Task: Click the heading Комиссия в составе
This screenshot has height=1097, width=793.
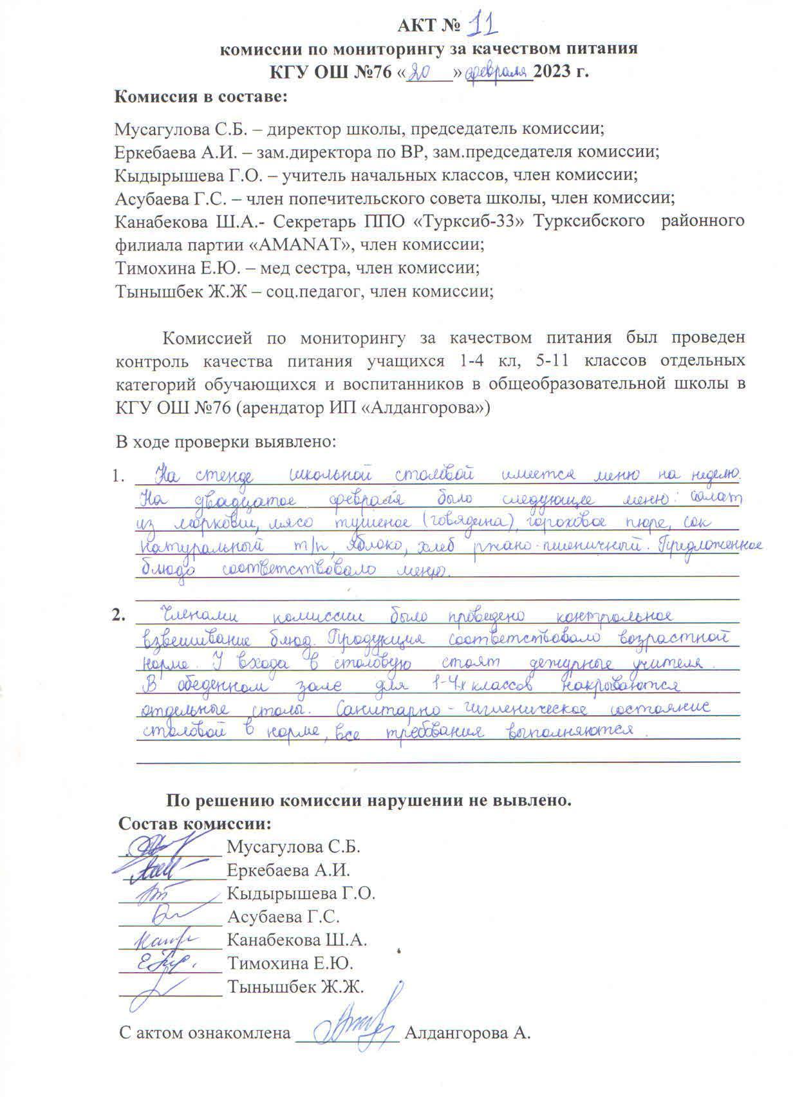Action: (200, 97)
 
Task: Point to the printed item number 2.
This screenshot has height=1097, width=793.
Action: (118, 615)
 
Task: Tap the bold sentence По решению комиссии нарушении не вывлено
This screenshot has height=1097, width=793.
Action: (369, 802)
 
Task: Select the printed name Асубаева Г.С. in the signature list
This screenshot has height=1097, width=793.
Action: (283, 917)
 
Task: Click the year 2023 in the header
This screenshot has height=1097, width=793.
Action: (553, 71)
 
